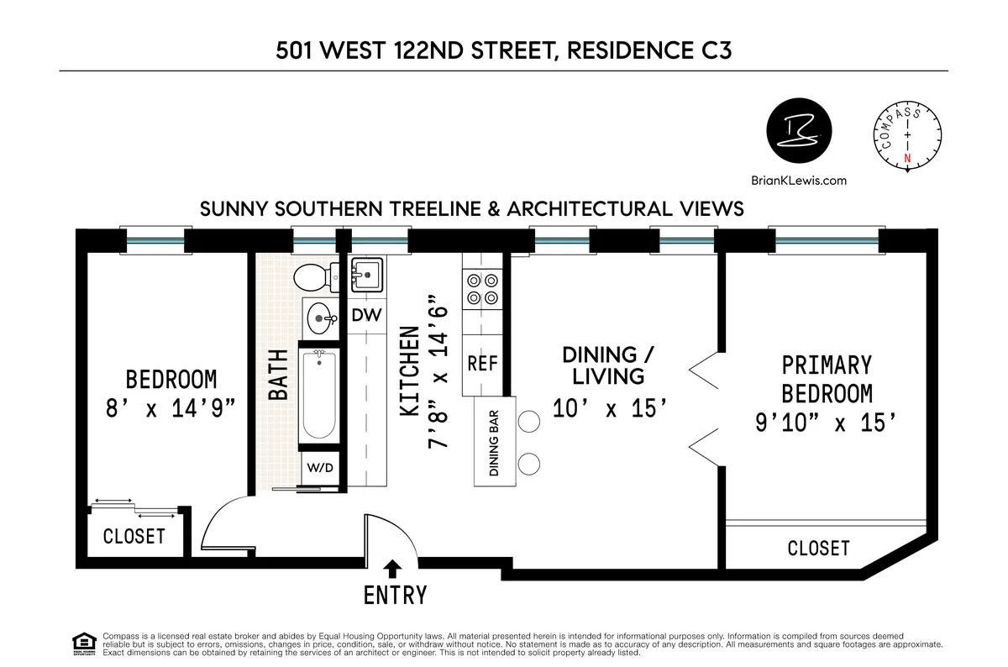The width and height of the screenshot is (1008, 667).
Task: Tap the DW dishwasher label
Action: coord(367,317)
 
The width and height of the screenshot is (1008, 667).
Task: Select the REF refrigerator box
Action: coord(483,364)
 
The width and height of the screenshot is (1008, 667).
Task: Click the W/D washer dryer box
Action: coord(319,467)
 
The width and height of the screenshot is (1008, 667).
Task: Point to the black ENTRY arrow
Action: coord(391,569)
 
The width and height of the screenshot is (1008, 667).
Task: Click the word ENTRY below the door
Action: coord(395,596)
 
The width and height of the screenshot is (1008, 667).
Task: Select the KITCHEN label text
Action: coord(409,372)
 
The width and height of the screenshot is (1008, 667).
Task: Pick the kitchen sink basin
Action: coord(366,273)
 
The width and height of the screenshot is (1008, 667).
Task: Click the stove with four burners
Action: coord(481,290)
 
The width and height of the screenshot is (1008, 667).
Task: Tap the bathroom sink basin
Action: coord(319,318)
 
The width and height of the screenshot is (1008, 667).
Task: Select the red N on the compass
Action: coord(906,158)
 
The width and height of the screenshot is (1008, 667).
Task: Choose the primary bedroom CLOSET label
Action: coord(818,549)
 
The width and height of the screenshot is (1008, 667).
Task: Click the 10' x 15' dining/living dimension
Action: coord(610,409)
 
